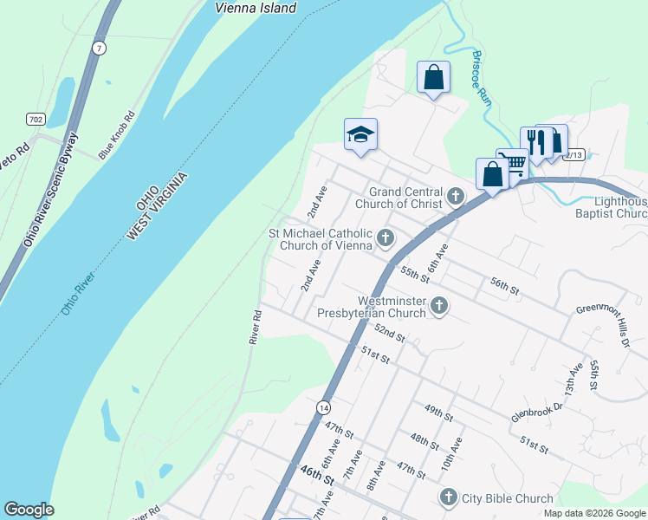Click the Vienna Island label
[256, 8]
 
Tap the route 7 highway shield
[100, 49]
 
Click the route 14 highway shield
[323, 406]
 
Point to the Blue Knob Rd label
[117, 134]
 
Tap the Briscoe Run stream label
[482, 79]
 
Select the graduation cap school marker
[360, 134]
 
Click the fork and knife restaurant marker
[536, 141]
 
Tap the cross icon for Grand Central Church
[457, 198]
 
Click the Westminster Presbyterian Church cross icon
[439, 305]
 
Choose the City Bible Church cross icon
[448, 497]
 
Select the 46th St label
[317, 474]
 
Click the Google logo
[29, 510]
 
